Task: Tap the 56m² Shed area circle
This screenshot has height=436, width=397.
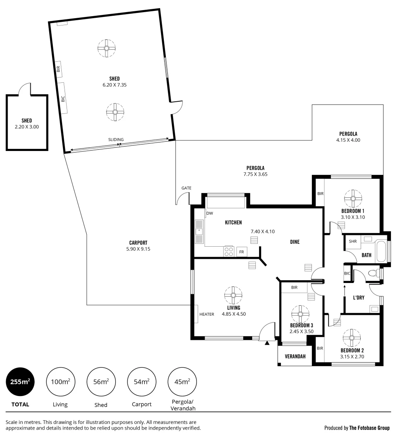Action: (x=101, y=381)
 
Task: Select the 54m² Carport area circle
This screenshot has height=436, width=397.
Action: (x=142, y=381)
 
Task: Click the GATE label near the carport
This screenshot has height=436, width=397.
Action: (x=186, y=188)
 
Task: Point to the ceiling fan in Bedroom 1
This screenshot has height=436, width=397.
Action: (x=353, y=198)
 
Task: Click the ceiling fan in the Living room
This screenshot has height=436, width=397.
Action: (x=233, y=295)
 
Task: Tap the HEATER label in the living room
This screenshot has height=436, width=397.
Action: (x=207, y=314)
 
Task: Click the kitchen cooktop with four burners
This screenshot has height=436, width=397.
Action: (x=229, y=252)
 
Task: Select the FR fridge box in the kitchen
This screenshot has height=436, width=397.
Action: (x=242, y=252)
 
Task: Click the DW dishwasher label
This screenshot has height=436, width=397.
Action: (x=210, y=213)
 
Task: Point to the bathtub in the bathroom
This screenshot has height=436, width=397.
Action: (x=381, y=251)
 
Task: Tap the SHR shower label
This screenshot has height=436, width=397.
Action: (x=353, y=241)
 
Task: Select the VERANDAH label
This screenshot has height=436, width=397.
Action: (x=295, y=356)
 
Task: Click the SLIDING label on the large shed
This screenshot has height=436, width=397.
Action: (x=116, y=140)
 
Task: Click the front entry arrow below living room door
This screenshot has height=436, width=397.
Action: (x=267, y=343)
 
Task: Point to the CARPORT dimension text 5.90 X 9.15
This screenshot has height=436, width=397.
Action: (x=138, y=249)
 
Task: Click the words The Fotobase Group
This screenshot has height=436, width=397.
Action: (x=369, y=428)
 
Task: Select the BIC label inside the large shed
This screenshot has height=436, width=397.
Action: (x=63, y=99)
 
